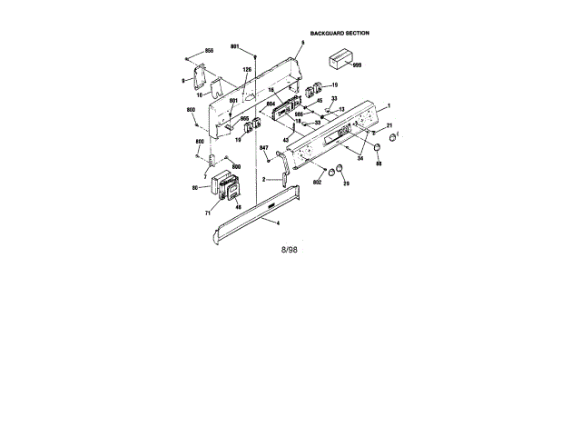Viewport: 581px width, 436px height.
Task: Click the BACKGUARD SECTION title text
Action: [340, 33]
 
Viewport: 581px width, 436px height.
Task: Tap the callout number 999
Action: [357, 67]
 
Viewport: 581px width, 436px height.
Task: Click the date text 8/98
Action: [291, 248]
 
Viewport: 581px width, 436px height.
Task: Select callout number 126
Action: [247, 70]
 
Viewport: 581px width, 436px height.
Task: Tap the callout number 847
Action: [264, 148]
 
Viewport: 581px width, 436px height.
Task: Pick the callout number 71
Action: [207, 212]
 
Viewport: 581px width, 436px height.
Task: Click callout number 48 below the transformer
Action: [238, 207]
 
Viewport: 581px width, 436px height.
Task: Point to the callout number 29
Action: [345, 183]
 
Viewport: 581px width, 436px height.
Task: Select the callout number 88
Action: [379, 163]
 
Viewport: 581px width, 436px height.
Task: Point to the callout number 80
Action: [195, 188]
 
